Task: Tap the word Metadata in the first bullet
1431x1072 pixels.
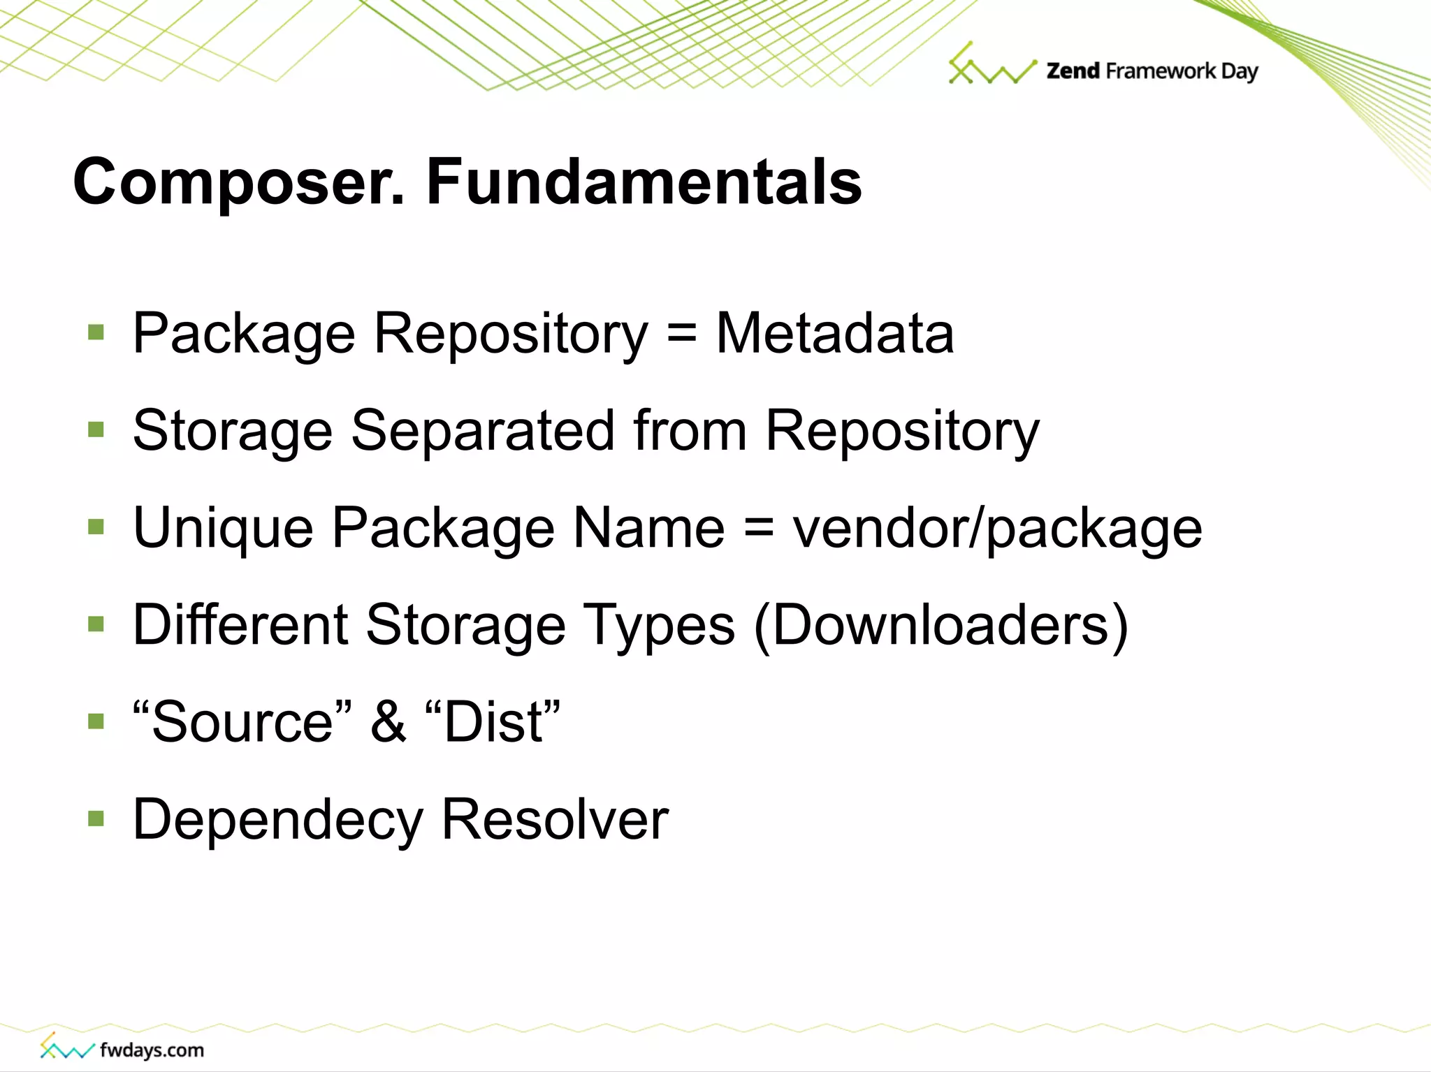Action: (835, 333)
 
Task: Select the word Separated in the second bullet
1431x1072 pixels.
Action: (483, 430)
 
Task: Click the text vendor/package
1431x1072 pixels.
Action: (997, 528)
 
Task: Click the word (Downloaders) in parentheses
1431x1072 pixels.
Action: (941, 624)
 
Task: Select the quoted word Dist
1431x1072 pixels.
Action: (493, 721)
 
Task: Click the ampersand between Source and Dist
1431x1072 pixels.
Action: (388, 721)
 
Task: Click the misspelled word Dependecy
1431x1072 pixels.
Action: (277, 820)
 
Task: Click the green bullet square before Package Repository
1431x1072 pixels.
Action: (96, 332)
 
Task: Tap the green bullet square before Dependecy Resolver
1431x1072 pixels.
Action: (96, 818)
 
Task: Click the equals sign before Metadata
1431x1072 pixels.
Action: (681, 333)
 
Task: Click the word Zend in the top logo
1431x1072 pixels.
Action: (1073, 71)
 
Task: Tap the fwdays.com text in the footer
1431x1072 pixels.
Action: (152, 1050)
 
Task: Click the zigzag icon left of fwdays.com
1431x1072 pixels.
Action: (66, 1047)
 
